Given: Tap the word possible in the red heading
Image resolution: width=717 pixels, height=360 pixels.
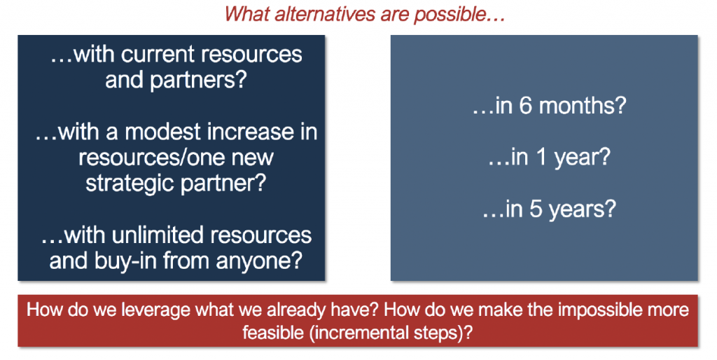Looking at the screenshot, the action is point(443,15).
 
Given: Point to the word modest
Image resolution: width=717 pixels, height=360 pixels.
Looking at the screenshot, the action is point(162,132).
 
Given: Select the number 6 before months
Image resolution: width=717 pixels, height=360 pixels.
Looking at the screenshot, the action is point(527,106).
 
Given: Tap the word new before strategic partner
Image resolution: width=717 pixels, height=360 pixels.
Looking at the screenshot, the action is point(252,158).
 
